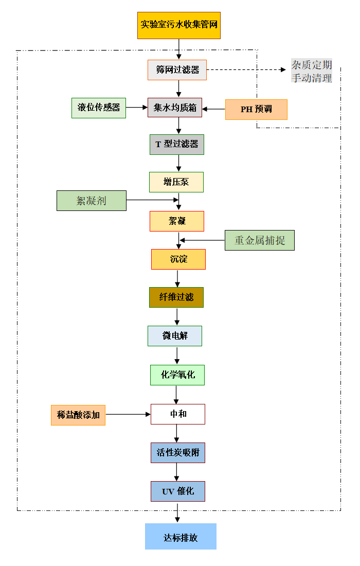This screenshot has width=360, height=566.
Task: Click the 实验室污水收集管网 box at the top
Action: click(178, 25)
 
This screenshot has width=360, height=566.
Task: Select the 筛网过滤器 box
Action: click(177, 70)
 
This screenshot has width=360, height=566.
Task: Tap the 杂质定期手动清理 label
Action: click(312, 71)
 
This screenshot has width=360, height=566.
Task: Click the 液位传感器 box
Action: click(99, 108)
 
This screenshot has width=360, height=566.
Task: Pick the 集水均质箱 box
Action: click(175, 108)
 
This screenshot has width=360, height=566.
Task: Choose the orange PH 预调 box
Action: click(256, 109)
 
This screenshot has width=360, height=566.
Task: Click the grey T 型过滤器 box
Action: click(177, 145)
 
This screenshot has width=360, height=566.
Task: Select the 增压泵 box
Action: click(176, 182)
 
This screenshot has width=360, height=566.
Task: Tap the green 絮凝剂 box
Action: click(92, 201)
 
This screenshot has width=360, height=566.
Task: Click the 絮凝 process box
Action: click(177, 221)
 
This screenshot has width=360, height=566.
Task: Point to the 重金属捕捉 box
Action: click(260, 240)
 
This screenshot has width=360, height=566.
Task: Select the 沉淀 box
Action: click(178, 259)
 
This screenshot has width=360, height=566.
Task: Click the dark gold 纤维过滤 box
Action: click(176, 297)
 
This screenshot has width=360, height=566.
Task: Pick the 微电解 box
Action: click(175, 336)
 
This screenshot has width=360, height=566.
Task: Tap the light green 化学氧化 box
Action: click(177, 375)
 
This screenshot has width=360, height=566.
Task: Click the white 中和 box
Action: click(178, 414)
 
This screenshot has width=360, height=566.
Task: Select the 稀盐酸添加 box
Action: click(78, 415)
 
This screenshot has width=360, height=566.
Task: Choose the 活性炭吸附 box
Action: click(178, 453)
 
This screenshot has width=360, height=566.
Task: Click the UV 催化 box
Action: click(178, 491)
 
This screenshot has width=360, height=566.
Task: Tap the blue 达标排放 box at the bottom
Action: click(181, 537)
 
